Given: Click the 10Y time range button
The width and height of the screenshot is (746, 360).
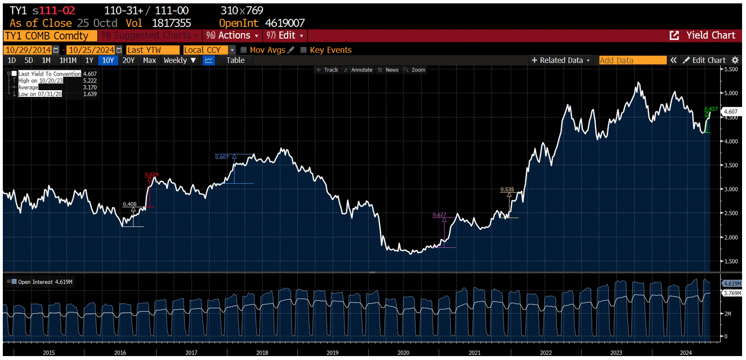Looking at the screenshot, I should (107, 60).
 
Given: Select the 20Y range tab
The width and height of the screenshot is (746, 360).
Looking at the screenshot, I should (128, 60).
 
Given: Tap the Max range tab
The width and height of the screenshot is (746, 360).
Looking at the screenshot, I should (149, 60).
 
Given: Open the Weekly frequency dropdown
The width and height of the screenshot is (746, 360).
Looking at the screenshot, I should (180, 60).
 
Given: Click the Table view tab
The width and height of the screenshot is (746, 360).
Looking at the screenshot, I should (235, 60).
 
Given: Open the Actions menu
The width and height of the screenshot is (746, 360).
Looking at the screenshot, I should (233, 35).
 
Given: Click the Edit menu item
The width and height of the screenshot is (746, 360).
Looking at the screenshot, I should (285, 35).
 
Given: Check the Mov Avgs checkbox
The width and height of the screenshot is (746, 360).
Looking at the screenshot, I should (244, 50).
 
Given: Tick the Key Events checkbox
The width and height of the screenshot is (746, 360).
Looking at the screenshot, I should (304, 50).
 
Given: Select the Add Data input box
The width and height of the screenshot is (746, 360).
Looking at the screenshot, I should (632, 60).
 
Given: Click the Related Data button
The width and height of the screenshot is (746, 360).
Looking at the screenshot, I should (561, 60).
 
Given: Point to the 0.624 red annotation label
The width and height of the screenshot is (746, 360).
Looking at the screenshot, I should (151, 175).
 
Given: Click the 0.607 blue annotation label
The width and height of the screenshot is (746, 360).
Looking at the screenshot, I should (222, 157).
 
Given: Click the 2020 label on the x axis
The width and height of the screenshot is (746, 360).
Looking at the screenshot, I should (403, 353).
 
